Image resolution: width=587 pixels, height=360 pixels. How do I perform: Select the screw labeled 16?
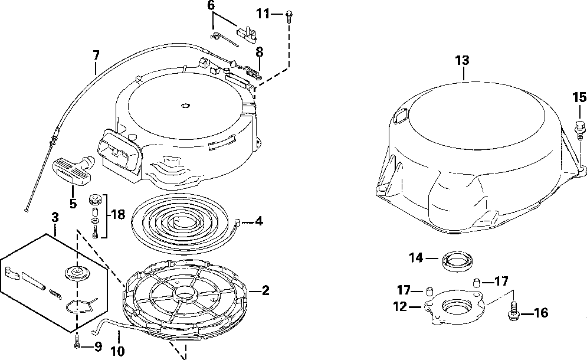tap(512, 311)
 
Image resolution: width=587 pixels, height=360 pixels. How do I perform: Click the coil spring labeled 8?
tap(252, 73)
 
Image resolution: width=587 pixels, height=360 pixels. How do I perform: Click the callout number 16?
tap(541, 313)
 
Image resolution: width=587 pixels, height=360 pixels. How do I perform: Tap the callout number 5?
tap(73, 204)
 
